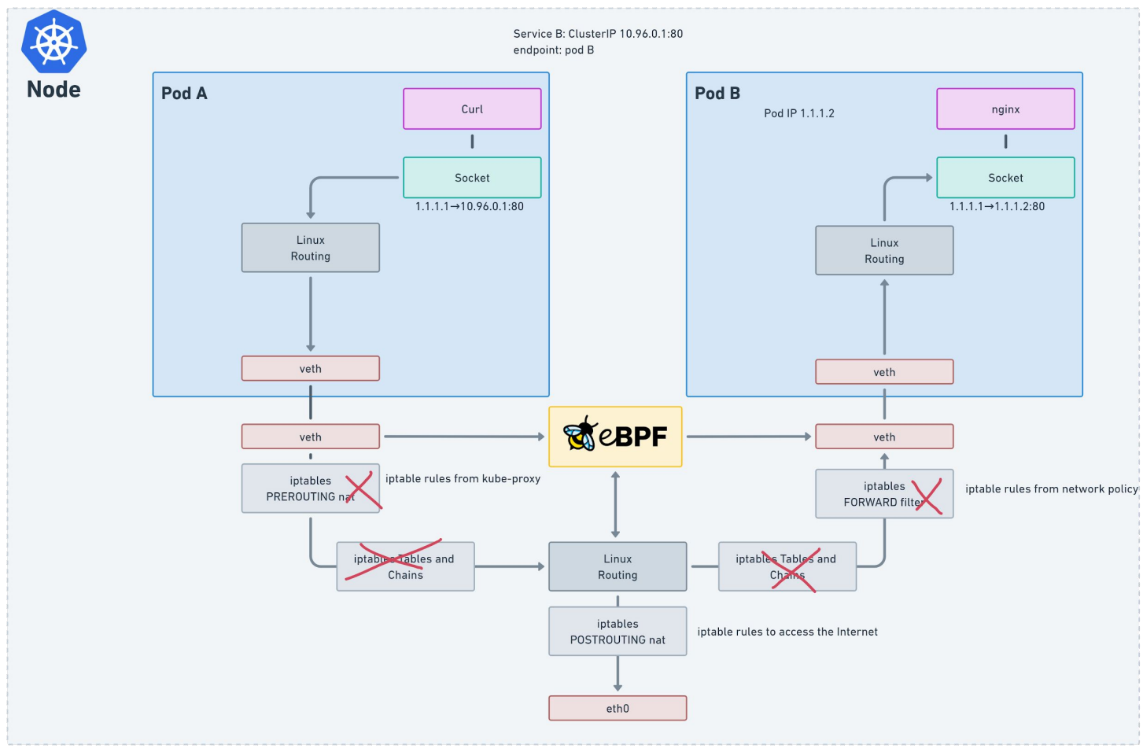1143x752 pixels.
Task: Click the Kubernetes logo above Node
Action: pyautogui.click(x=54, y=41)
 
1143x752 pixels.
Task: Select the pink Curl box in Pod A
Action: pyautogui.click(x=472, y=109)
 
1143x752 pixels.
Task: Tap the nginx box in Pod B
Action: pyautogui.click(x=1005, y=109)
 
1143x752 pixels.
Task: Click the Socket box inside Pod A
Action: pyautogui.click(x=472, y=178)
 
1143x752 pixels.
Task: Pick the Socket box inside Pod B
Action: pyautogui.click(x=1005, y=178)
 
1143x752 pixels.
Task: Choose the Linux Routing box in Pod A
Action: pyautogui.click(x=310, y=248)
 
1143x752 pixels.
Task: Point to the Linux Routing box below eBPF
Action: pyautogui.click(x=618, y=566)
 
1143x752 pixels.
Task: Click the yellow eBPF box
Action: pyautogui.click(x=615, y=437)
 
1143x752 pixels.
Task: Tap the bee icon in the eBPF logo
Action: pyautogui.click(x=580, y=433)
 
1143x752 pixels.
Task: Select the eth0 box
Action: pyautogui.click(x=618, y=708)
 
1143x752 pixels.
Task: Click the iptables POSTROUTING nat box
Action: pyautogui.click(x=618, y=631)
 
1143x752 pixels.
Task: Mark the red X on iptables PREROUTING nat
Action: pyautogui.click(x=363, y=490)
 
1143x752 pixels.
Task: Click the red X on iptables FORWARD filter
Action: pyautogui.click(x=927, y=496)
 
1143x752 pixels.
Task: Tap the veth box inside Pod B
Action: pyautogui.click(x=884, y=371)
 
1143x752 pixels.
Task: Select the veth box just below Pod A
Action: pyautogui.click(x=310, y=437)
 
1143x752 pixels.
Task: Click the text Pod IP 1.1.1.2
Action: pyautogui.click(x=799, y=113)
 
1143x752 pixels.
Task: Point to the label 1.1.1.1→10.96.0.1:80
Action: pyautogui.click(x=469, y=207)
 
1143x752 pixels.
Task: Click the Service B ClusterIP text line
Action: pyautogui.click(x=598, y=34)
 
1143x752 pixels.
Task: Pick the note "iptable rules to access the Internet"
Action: pyautogui.click(x=787, y=632)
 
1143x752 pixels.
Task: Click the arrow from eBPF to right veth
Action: pyautogui.click(x=749, y=437)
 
